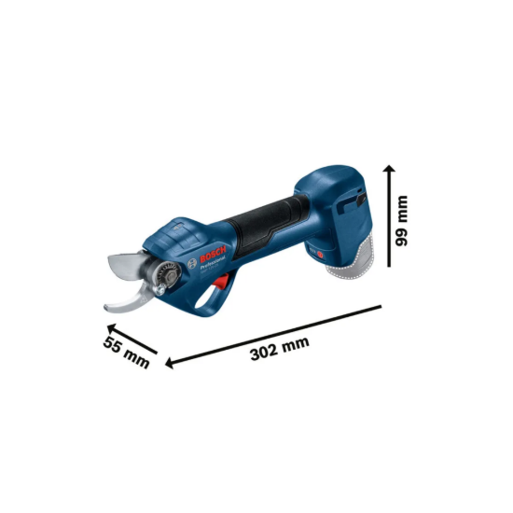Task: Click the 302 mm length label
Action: click(x=280, y=346)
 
